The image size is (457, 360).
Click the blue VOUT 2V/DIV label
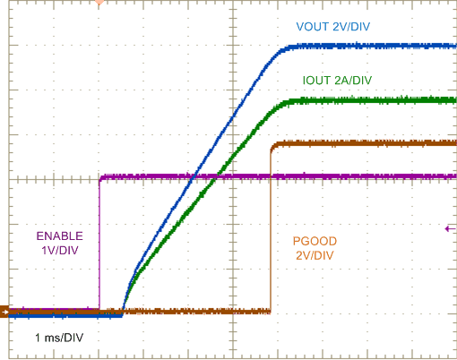coord(333,26)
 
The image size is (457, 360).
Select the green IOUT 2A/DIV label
coord(337,81)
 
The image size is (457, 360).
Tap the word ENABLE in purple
coord(59,236)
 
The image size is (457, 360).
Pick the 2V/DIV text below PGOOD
coord(314,255)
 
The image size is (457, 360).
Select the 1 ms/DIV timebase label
coord(60,338)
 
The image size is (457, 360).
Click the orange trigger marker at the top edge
coord(99,4)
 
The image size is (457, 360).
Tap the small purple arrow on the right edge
coord(448,229)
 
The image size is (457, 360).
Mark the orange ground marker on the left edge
coord(4,312)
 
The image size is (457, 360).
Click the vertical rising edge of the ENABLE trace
coord(99,242)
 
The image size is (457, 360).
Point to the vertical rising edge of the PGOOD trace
coord(271,233)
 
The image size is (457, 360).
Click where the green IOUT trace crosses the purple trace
coord(216,176)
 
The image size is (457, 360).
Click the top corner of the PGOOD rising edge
coord(272,144)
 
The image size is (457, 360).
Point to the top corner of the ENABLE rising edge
coord(100,177)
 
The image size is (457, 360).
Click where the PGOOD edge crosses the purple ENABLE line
coord(271,176)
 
